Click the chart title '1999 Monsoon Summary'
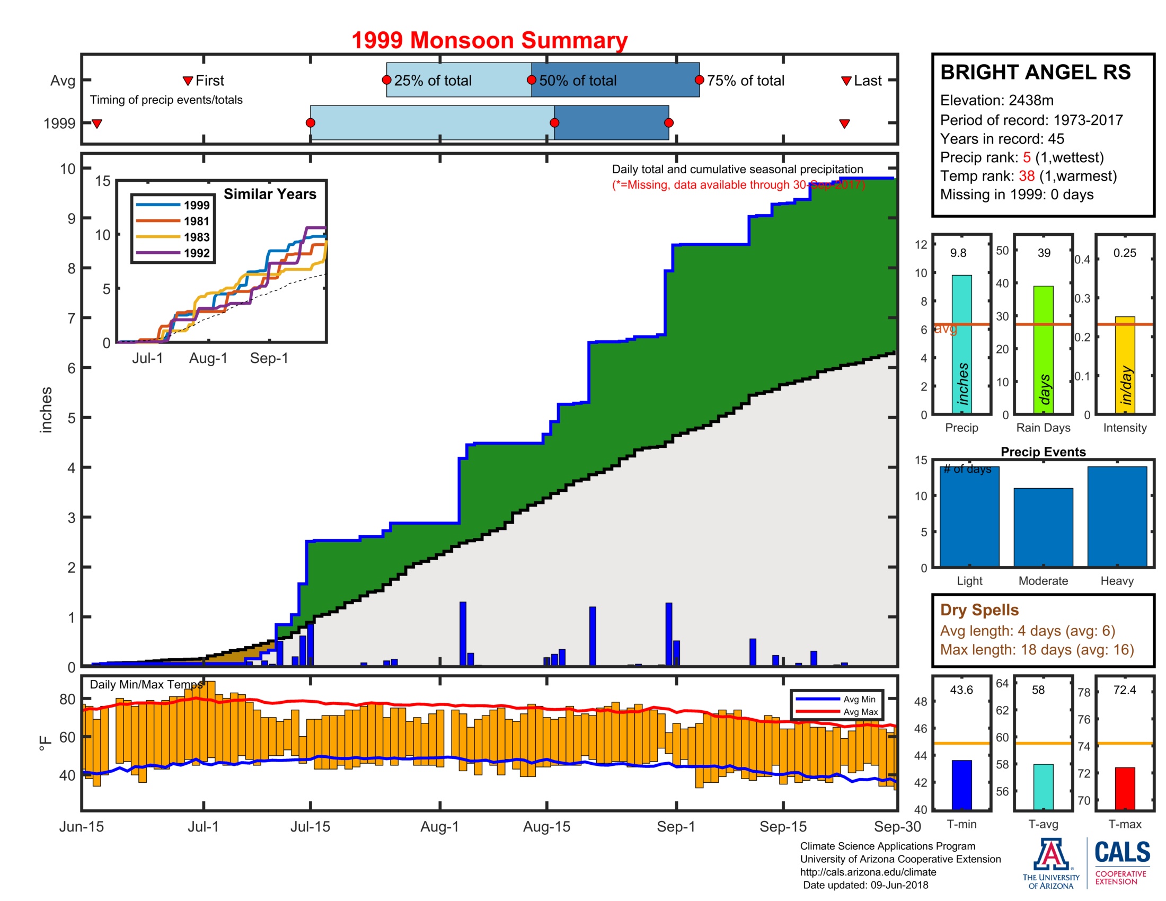tap(489, 41)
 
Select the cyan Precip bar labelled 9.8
tap(961, 344)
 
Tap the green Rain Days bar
tap(1043, 350)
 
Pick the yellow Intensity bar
tap(1125, 365)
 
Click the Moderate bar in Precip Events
tap(1043, 527)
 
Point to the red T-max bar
tap(1125, 789)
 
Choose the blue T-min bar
tap(961, 784)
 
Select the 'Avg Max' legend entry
tap(860, 711)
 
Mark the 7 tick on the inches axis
tap(72, 319)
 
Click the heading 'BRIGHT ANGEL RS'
tap(1035, 73)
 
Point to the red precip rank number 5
tap(1027, 157)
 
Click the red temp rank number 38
tap(1026, 176)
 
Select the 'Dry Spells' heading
tap(979, 609)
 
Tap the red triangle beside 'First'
tap(188, 81)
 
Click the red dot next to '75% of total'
tap(700, 80)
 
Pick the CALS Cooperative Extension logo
tap(1121, 862)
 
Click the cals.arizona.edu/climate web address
tap(868, 872)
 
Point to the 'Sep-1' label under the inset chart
tap(269, 358)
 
